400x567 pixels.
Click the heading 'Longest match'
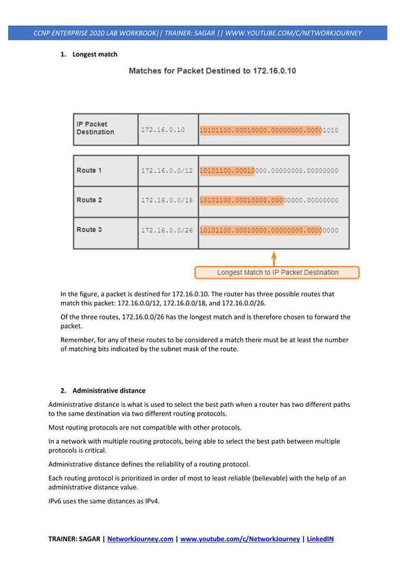coord(95,55)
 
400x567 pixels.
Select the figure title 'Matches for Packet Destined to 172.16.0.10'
coord(213,71)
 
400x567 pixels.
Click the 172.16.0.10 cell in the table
coord(163,130)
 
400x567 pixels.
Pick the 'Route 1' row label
coord(89,170)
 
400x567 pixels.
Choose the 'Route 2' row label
coord(89,200)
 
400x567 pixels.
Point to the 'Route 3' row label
coord(89,230)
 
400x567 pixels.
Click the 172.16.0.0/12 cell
coord(167,171)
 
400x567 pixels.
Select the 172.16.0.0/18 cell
coord(167,200)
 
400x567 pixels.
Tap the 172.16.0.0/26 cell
coord(167,230)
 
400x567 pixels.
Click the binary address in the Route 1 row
coord(269,171)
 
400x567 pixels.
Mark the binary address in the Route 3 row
coord(269,230)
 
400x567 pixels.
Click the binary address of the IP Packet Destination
coord(269,130)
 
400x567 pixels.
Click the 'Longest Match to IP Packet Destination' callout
coord(277,273)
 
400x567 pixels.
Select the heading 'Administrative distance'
coord(108,391)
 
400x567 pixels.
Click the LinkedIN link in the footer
coord(320,538)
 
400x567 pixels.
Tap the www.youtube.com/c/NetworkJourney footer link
coord(239,538)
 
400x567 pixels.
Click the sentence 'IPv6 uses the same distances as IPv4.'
coord(103,500)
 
